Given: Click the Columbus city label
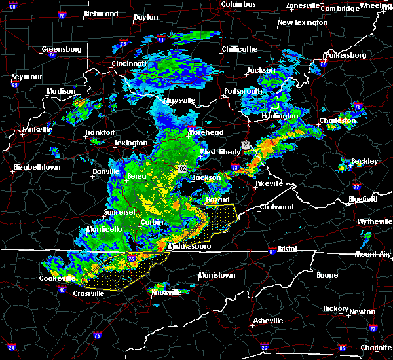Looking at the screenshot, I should click(237, 5).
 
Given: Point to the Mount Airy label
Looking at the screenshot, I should click(374, 254).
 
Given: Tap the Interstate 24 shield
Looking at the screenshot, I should click(11, 347).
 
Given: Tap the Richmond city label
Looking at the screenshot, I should click(101, 14).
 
